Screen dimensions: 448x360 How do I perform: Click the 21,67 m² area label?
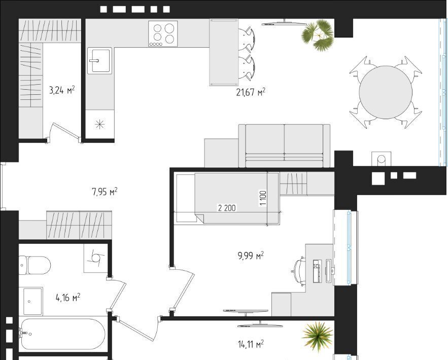pos(251,92)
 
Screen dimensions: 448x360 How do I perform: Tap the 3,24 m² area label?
pos(62,90)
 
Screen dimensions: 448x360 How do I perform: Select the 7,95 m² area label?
pos(105,191)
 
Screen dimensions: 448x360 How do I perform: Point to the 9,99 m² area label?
pos(251,255)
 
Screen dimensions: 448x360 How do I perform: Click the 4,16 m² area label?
pos(67,298)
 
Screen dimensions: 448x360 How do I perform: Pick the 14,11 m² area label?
pos(251,344)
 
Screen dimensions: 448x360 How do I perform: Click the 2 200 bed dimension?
pos(227,208)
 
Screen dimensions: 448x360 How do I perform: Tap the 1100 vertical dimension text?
pos(263,198)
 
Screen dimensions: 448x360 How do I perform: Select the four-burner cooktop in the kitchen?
pos(163,33)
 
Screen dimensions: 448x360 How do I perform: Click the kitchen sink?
pos(99,61)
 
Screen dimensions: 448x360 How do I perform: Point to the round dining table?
pos(386,92)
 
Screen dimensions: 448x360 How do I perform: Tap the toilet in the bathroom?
pos(35,265)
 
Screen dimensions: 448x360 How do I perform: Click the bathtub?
pos(63,334)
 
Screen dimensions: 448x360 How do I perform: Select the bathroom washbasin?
pos(31,301)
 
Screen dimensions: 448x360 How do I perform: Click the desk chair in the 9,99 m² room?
pos(299,271)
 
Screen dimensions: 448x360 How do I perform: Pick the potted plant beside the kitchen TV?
pos(318,35)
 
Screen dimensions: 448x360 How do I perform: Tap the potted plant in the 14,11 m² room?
pos(318,336)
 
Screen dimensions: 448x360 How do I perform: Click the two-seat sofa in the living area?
pos(284,146)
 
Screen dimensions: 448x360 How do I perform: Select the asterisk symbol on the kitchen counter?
pos(99,124)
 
